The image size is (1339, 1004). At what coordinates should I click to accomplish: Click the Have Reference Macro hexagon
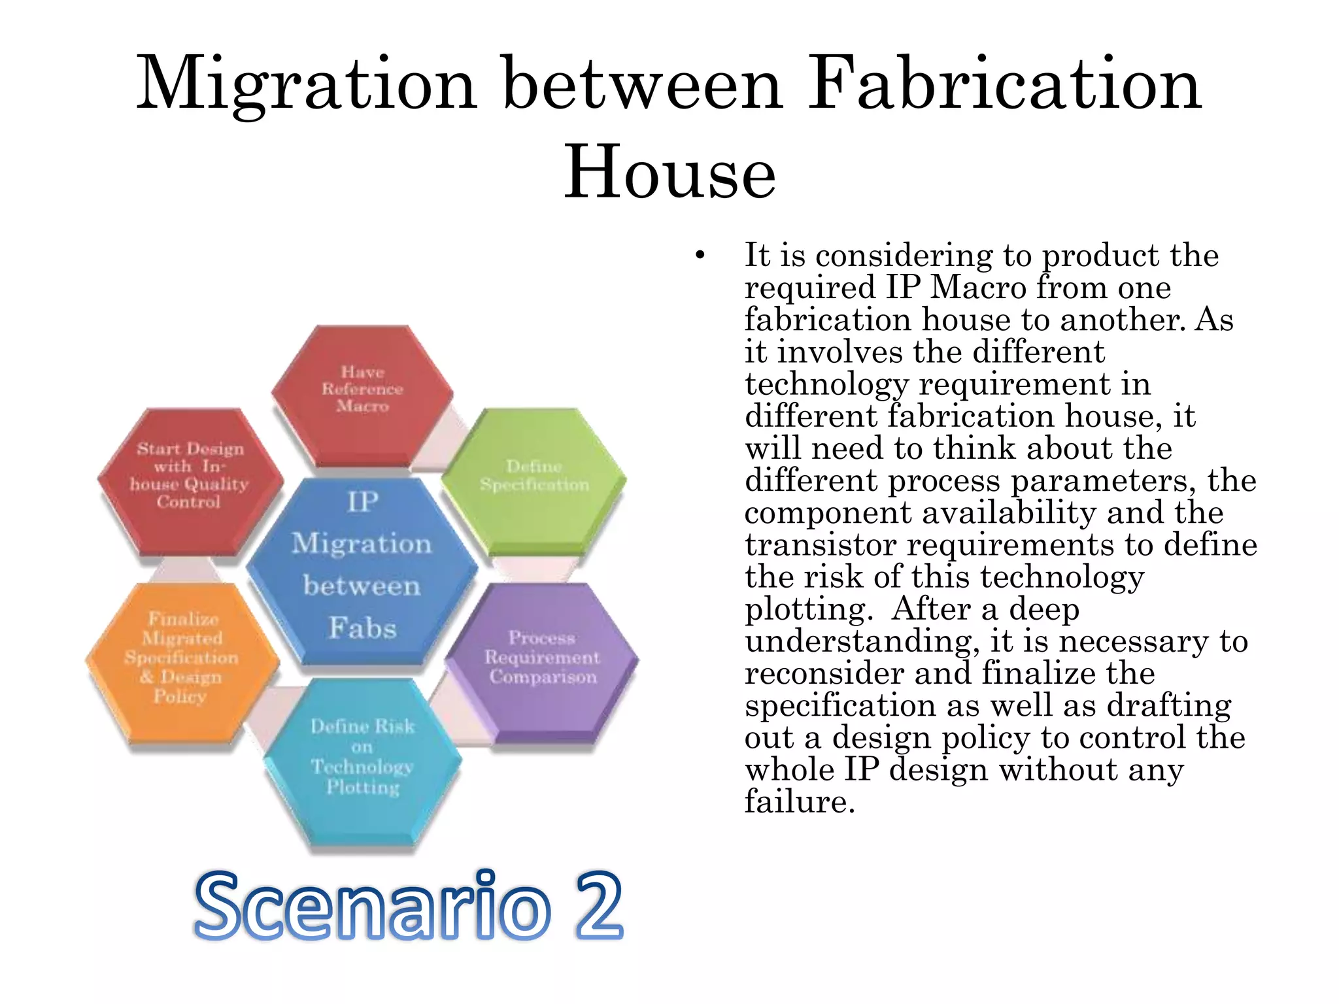point(362,392)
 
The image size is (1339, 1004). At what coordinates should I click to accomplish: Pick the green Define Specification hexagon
point(534,480)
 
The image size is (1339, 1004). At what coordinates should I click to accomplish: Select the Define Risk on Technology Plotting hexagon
point(362,758)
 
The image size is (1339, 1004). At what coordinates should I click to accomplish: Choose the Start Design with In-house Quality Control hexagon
point(190,477)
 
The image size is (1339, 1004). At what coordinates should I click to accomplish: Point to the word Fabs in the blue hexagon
point(362,627)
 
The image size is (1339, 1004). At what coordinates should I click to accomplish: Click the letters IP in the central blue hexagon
point(362,502)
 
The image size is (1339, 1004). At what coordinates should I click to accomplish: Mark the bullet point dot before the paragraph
point(700,256)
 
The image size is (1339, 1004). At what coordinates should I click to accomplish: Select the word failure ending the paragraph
point(799,801)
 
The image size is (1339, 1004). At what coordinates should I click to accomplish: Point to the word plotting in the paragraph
point(809,610)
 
